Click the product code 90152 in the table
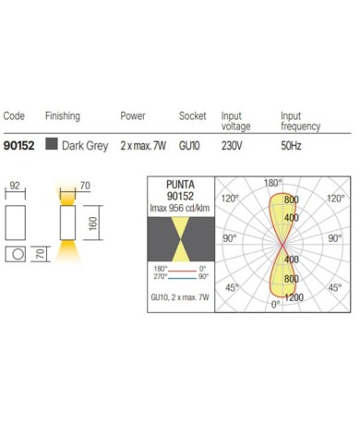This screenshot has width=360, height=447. click(18, 146)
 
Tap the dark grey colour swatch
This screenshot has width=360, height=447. click(52, 144)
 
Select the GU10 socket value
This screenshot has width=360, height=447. click(189, 146)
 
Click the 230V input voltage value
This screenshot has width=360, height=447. click(232, 146)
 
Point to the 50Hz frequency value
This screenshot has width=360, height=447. click(291, 146)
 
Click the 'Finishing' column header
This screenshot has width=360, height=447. click(63, 116)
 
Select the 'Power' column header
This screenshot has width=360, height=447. click(133, 116)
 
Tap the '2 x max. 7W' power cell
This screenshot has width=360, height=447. click(143, 146)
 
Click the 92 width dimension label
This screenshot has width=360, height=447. click(15, 186)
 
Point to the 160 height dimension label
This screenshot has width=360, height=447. click(92, 223)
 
